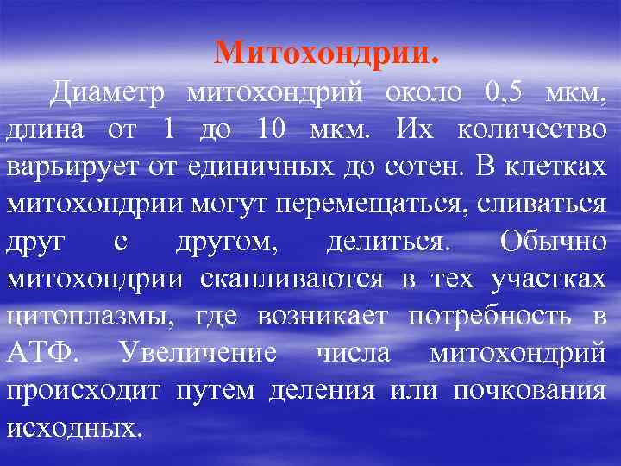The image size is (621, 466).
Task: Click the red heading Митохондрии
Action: click(327, 54)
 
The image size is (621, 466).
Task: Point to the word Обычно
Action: click(552, 242)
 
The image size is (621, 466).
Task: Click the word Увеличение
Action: click(198, 353)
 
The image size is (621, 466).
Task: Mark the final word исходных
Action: click(72, 428)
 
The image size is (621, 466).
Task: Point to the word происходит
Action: click(84, 391)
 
